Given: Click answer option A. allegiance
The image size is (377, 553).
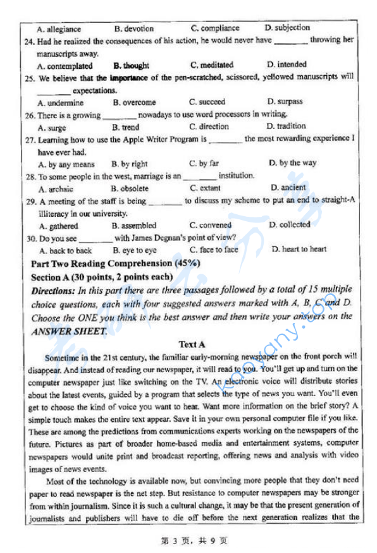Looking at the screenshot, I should pos(59,29).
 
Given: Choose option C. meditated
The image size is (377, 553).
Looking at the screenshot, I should pos(211,65).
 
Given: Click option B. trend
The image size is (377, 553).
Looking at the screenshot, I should pos(125,127).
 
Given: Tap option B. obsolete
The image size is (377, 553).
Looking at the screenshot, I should pos(130,188).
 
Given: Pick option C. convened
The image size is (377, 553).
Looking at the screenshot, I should pos(210,225).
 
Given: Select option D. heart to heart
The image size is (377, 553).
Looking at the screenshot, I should pos(299,249).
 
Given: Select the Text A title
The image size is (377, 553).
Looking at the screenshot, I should pos(192,344).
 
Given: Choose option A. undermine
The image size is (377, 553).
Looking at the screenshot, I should pos(61,103).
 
